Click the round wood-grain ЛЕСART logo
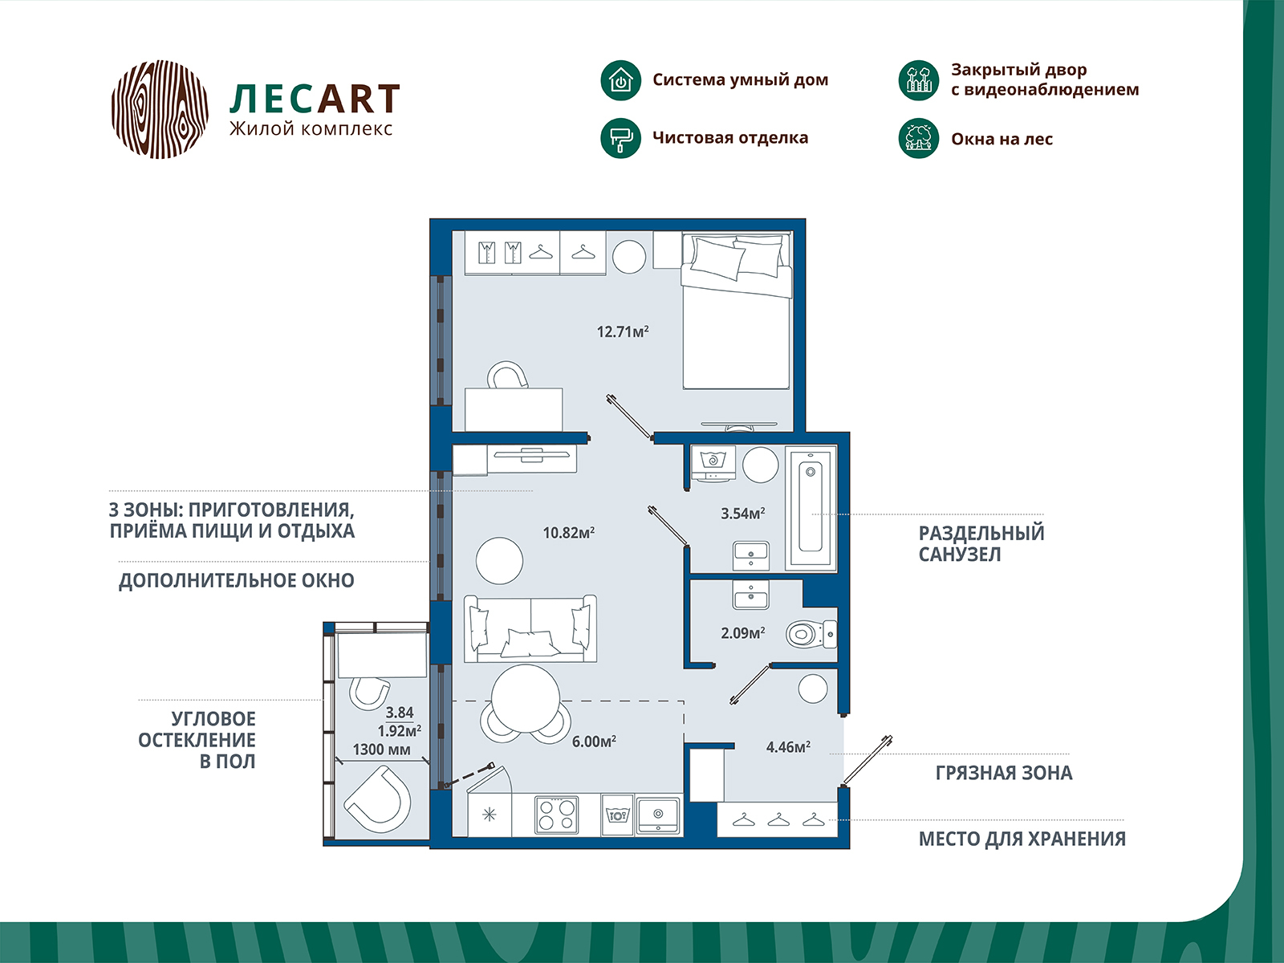pyautogui.click(x=160, y=108)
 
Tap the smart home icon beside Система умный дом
pyautogui.click(x=620, y=80)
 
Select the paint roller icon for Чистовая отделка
pyautogui.click(x=620, y=138)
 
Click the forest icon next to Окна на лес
pyautogui.click(x=918, y=138)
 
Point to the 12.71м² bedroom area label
pyautogui.click(x=622, y=331)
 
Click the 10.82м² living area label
pyautogui.click(x=568, y=533)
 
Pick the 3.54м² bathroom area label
pyautogui.click(x=742, y=514)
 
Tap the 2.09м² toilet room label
pyautogui.click(x=742, y=633)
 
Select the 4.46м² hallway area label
pyautogui.click(x=787, y=747)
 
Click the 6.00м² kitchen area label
pyautogui.click(x=594, y=742)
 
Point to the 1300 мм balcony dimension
pyautogui.click(x=381, y=750)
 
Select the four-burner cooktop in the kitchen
pyautogui.click(x=556, y=815)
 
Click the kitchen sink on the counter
pyautogui.click(x=658, y=815)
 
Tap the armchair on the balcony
pyautogui.click(x=376, y=798)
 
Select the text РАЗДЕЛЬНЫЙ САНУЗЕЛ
pyautogui.click(x=981, y=543)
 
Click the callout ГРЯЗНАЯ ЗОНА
pyautogui.click(x=1003, y=773)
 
